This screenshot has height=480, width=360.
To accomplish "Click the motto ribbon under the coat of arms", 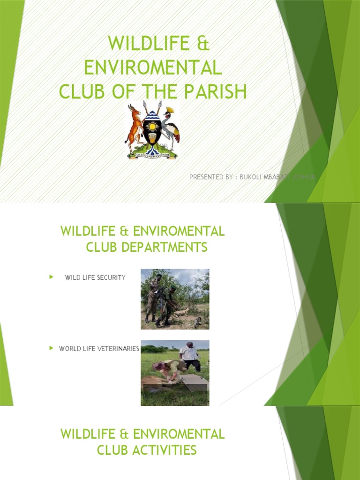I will click(152, 154).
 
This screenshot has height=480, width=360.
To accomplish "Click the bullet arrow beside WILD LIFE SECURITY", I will click(51, 277).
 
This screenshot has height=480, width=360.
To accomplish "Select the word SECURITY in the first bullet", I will click(111, 277).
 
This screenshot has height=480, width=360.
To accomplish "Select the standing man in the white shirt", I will click(190, 355).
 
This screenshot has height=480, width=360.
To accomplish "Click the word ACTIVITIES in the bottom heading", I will click(147, 450).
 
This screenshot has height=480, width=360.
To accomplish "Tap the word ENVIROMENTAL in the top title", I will click(152, 67).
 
